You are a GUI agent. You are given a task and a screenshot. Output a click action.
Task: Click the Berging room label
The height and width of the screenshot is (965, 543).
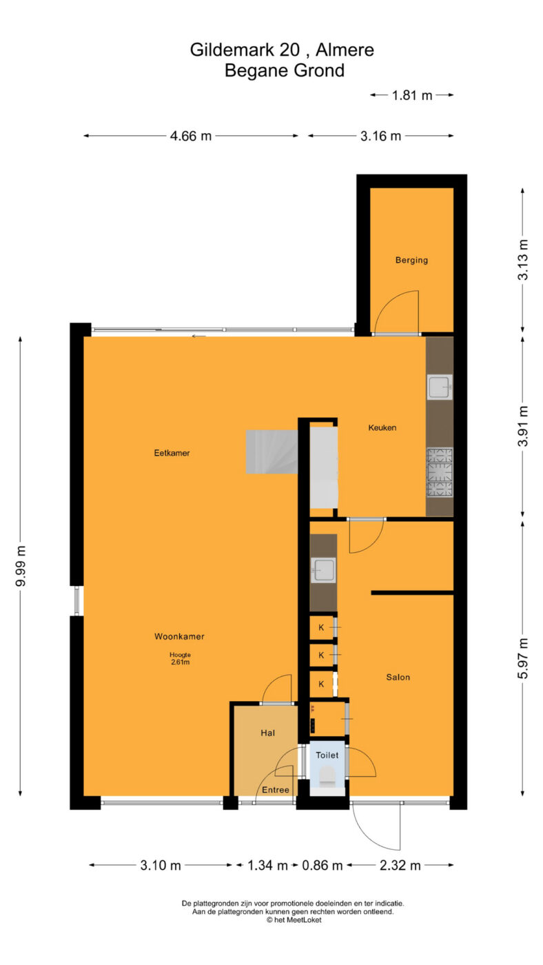411,260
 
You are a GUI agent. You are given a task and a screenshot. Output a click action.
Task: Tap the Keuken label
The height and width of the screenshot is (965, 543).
382,427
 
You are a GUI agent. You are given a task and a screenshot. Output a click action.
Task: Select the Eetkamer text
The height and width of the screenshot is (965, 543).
172,453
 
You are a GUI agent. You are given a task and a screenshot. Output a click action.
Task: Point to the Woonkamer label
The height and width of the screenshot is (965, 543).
179,636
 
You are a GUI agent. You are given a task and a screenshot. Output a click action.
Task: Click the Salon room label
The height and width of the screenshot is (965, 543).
398,677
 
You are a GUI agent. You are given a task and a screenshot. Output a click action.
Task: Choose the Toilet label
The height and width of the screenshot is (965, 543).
327,755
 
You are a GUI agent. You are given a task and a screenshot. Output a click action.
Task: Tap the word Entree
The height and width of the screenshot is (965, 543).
275,790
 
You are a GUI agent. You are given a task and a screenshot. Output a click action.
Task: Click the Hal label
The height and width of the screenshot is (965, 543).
267,733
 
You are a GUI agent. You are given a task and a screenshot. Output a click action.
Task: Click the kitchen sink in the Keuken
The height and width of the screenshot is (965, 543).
440,387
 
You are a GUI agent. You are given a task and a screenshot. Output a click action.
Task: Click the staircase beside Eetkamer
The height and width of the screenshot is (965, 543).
271,452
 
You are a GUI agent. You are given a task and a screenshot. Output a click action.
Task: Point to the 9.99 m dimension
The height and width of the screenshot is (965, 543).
20,566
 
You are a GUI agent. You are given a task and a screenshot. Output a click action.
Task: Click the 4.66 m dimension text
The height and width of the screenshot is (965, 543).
191,136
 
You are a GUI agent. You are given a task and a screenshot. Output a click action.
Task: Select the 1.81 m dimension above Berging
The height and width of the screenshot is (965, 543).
411,95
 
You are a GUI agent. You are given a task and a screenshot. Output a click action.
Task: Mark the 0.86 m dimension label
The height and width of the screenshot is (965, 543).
322,865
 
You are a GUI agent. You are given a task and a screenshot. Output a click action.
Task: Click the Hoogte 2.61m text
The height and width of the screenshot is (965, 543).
180,658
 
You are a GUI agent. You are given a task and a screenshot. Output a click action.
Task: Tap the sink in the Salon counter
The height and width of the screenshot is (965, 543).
323,571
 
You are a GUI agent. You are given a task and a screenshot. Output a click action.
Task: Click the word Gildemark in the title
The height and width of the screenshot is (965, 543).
245,50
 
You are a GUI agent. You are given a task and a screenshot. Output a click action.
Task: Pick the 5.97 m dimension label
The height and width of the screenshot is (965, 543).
522,658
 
